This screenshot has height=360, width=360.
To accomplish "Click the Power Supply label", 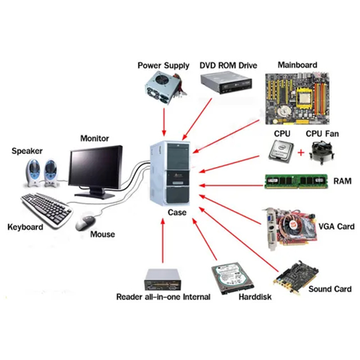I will click(x=164, y=66).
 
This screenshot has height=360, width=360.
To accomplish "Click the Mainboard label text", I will click(x=297, y=65).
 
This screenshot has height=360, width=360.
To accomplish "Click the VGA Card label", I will click(x=336, y=227).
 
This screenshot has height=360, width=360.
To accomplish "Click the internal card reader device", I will click(x=163, y=278).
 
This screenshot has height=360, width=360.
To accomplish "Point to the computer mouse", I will click(x=85, y=222).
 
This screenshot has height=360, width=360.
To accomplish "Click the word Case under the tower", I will click(x=177, y=213).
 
